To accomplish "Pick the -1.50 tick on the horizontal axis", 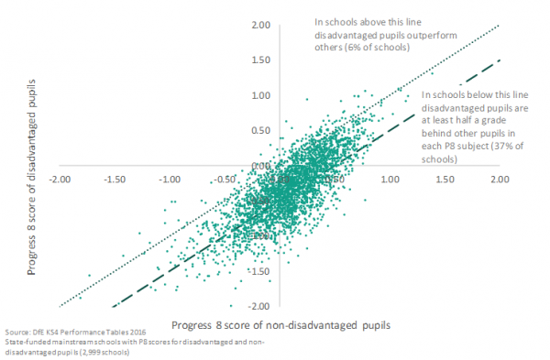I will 115,180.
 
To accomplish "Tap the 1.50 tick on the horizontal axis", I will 445,180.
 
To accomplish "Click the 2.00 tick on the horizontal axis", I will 500,180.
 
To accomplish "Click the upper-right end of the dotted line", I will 500,26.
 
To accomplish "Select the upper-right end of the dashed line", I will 500,60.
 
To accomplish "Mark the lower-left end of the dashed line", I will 113,306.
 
